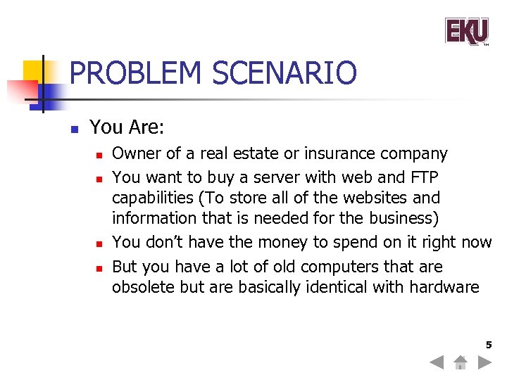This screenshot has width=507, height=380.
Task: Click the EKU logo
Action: [467, 31]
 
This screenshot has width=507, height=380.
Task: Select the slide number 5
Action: [488, 345]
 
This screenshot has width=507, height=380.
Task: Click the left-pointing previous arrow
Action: [437, 362]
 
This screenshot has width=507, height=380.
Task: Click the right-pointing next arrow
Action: [484, 362]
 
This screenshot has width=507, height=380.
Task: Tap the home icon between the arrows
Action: [461, 362]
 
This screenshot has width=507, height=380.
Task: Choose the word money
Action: [275, 242]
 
